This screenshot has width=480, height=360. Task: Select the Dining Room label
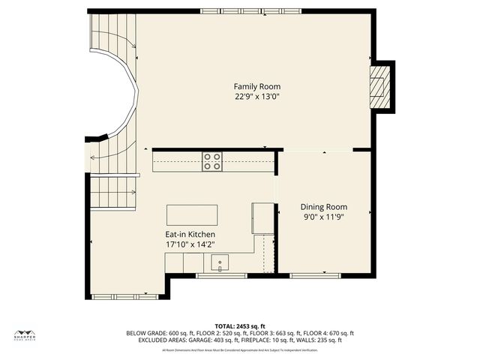(x=324, y=207)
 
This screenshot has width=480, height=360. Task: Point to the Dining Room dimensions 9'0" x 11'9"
(x=324, y=217)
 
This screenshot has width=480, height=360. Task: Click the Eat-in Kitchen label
(x=190, y=235)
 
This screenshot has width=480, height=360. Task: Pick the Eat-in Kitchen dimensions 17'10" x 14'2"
(x=190, y=244)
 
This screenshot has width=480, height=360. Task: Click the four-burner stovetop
(x=212, y=161)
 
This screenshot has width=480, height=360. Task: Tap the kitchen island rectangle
(x=191, y=215)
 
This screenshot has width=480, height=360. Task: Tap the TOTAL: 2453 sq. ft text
(x=240, y=326)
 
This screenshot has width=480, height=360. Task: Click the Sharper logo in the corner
(x=25, y=335)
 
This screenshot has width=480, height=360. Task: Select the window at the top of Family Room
(x=240, y=11)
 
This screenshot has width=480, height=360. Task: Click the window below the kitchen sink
(x=221, y=276)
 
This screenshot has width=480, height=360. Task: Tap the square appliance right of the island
(x=263, y=218)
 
